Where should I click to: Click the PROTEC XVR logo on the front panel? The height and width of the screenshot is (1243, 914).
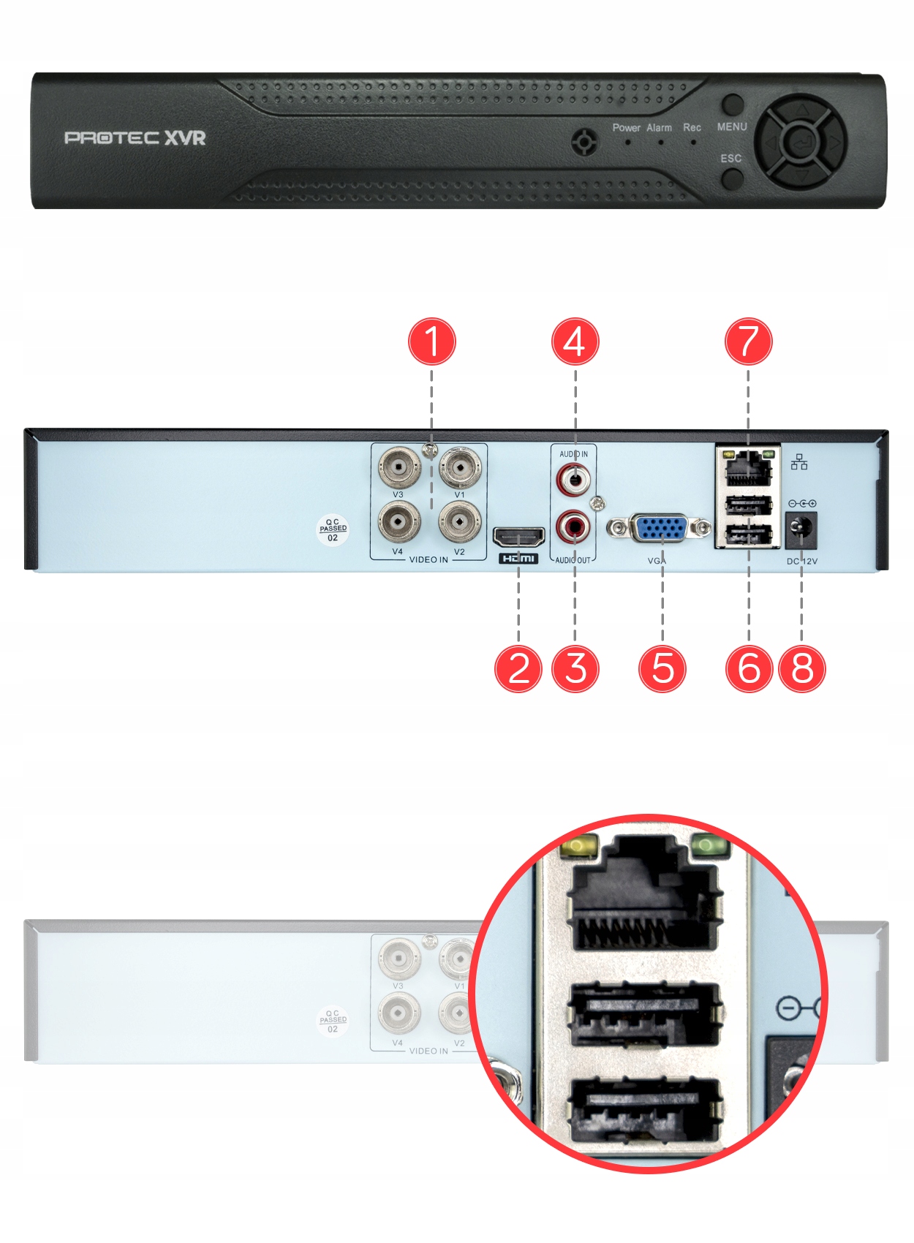pos(135,137)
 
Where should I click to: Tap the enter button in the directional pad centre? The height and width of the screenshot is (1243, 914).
pos(801,140)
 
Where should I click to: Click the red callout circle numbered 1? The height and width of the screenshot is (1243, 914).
pos(431,341)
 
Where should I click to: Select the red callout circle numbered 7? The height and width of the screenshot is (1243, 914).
pos(748,341)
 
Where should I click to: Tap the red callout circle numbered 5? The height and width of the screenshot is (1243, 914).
pos(662,668)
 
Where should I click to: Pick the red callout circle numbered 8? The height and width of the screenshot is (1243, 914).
pos(802,668)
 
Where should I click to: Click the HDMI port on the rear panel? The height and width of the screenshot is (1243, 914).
pos(518,538)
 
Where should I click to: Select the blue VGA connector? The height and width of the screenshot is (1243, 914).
pos(657,528)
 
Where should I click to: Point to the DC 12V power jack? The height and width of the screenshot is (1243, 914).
pos(801,529)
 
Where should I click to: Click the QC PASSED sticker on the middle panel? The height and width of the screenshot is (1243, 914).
pos(333,529)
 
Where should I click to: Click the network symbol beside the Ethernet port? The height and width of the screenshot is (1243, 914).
pos(799,462)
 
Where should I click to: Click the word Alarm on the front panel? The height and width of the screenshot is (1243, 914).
pos(659,128)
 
